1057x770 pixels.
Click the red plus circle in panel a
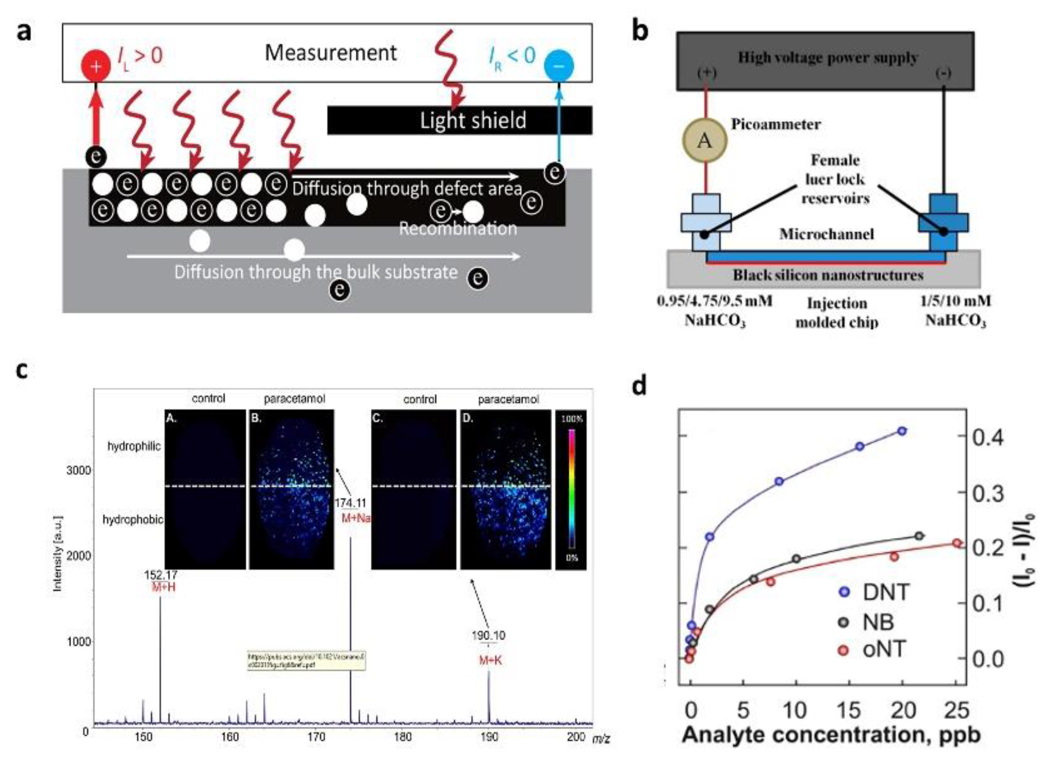pyautogui.click(x=96, y=66)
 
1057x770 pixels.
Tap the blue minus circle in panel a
pyautogui.click(x=559, y=66)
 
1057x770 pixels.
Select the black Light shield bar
pyautogui.click(x=459, y=120)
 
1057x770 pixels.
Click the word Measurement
pyautogui.click(x=330, y=53)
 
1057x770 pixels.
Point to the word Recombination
pyautogui.click(x=458, y=229)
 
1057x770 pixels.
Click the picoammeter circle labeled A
pyautogui.click(x=705, y=140)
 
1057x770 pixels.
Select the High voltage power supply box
pyautogui.click(x=825, y=61)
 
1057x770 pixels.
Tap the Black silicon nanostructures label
pyautogui.click(x=828, y=275)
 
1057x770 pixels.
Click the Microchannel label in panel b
pyautogui.click(x=826, y=234)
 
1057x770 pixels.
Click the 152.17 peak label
pyautogui.click(x=160, y=575)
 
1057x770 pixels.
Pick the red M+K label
pyautogui.click(x=490, y=660)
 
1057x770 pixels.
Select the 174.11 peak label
pyautogui.click(x=350, y=503)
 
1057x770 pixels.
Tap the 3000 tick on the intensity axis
pyautogui.click(x=78, y=470)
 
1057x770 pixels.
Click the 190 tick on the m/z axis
pyautogui.click(x=488, y=737)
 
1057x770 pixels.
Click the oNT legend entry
pyautogui.click(x=872, y=649)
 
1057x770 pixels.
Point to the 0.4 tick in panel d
pyautogui.click(x=988, y=437)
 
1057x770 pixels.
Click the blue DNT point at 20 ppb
pyautogui.click(x=902, y=431)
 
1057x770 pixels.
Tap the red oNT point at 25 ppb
pyautogui.click(x=957, y=543)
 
